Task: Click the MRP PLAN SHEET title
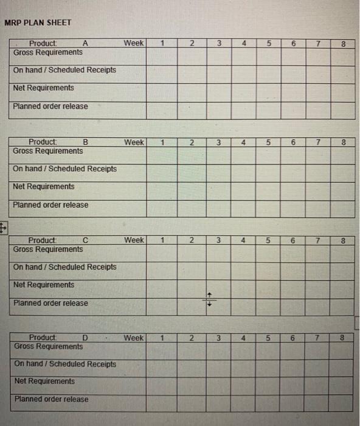click(x=38, y=23)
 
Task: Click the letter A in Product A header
click(x=85, y=43)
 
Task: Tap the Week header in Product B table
click(x=134, y=142)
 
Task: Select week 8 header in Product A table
click(x=343, y=44)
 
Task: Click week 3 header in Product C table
click(x=218, y=240)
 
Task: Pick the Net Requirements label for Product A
click(x=43, y=88)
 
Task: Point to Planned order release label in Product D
click(x=50, y=399)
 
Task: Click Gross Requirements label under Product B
click(x=48, y=151)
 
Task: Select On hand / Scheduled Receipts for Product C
click(x=64, y=267)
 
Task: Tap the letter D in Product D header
click(x=85, y=338)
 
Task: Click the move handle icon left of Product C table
click(x=3, y=229)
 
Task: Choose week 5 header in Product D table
click(x=268, y=338)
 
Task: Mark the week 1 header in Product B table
click(x=164, y=142)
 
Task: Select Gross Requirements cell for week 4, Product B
click(x=243, y=156)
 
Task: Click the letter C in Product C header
click(x=85, y=240)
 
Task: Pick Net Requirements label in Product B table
click(x=43, y=186)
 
